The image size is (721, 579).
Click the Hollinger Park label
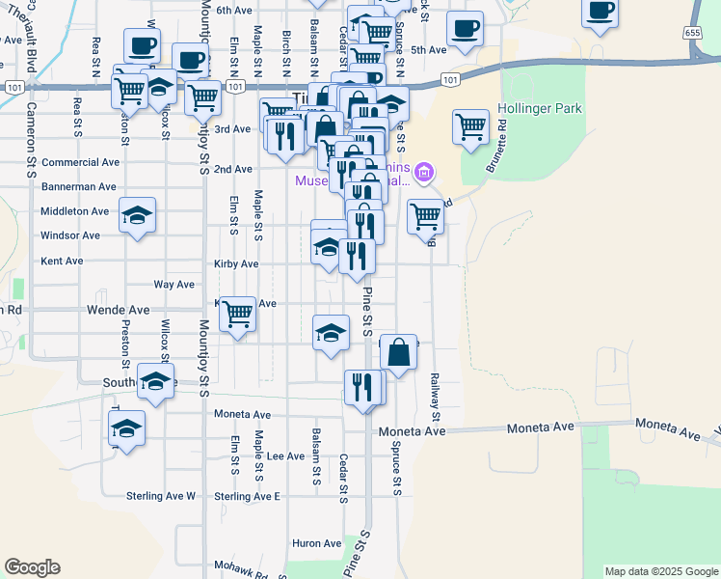[540, 109]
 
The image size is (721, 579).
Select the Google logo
[32, 567]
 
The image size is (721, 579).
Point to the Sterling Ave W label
[161, 496]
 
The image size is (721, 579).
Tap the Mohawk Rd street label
[240, 569]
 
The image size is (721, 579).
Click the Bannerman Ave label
[78, 186]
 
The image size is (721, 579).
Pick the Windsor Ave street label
[69, 235]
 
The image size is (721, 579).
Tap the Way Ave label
[174, 285]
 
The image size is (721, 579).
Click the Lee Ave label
[286, 456]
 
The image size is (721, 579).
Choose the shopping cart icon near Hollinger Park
[470, 125]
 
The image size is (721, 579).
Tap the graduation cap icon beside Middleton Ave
[137, 214]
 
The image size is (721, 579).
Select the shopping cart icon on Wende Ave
[237, 313]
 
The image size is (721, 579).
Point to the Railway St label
[435, 398]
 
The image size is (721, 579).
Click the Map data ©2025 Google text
[660, 571]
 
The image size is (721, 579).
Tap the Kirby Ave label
[236, 263]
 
